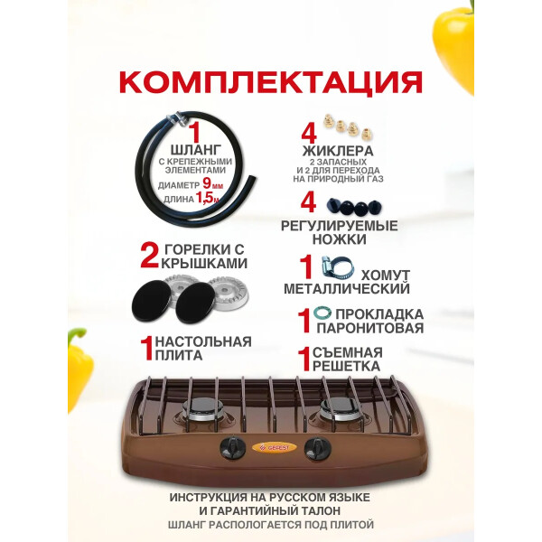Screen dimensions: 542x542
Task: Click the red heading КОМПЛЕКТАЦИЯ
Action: [x=271, y=82]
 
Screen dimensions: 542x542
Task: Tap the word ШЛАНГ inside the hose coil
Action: [x=196, y=150]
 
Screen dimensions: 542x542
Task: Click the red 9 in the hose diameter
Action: [x=207, y=182]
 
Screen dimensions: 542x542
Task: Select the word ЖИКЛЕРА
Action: [x=338, y=151]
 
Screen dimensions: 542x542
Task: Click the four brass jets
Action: [x=348, y=126]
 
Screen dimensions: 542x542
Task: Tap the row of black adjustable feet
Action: [x=354, y=207]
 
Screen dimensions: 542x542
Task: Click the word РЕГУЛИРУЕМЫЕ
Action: [x=339, y=226]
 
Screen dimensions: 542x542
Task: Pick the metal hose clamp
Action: [x=338, y=268]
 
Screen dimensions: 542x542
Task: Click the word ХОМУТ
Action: [x=386, y=276]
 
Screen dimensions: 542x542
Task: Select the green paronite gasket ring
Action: [x=322, y=313]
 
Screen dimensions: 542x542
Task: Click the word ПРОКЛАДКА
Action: [x=379, y=314]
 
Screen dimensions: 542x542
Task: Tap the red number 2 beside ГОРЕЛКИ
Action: [x=149, y=256]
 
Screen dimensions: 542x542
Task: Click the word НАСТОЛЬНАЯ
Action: [x=203, y=341]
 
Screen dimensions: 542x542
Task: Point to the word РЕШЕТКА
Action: [x=346, y=366]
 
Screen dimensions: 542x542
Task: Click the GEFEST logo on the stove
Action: [x=275, y=448]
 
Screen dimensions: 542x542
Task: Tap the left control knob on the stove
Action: [x=233, y=448]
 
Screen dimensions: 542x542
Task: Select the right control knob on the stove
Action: [x=317, y=448]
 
